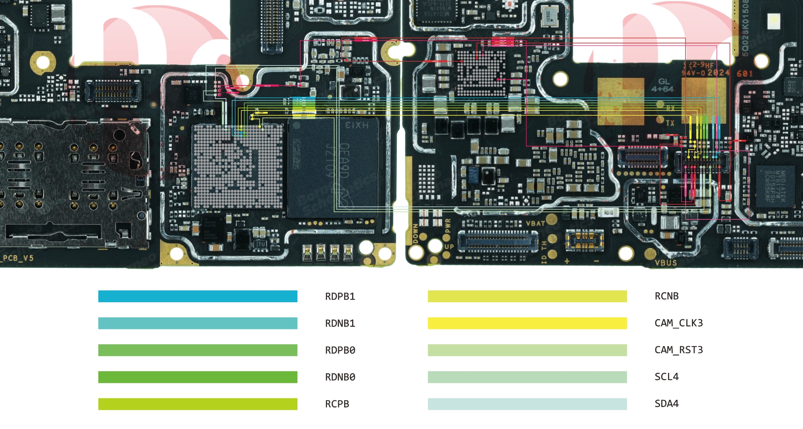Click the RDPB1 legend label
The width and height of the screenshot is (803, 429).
pos(340,296)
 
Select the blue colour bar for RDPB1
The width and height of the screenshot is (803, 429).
pos(198,296)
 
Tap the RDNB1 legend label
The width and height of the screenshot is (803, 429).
pos(340,323)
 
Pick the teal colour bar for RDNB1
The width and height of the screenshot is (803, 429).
pos(198,323)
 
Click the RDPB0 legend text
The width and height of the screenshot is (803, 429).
pos(340,350)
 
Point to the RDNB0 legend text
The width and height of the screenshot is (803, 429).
pos(340,377)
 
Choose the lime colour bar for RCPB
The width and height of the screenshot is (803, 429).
pos(198,404)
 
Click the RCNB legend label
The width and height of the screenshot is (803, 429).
pos(666,296)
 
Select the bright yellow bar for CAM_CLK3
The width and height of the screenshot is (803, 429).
pos(527,323)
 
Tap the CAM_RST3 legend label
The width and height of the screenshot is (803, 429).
pos(678,350)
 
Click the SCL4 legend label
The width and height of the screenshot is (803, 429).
pos(666,376)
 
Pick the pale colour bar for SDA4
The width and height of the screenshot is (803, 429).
pos(527,404)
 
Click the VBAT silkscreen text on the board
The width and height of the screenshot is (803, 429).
pos(535,223)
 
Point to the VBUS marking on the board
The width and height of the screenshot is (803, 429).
pos(666,263)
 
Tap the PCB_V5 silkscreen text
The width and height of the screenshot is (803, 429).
pos(18,258)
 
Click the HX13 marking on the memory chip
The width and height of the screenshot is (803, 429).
pos(357,125)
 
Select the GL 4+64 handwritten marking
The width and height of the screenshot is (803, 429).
pos(662,85)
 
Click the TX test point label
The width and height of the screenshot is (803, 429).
pos(670,123)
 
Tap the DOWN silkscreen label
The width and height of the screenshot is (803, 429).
pos(415,234)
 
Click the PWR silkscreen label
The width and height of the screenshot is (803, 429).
pos(448,226)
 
